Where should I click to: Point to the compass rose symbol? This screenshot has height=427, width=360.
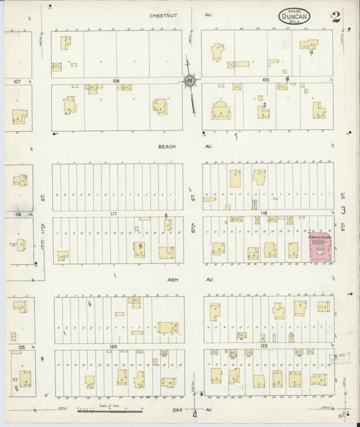click(190, 82)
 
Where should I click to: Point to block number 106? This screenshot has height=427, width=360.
click(116, 80)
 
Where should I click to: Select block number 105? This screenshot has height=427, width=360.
click(265, 80)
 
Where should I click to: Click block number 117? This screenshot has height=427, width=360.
click(114, 214)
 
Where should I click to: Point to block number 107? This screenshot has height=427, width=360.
click(18, 82)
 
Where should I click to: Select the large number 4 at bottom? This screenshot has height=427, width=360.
click(195, 413)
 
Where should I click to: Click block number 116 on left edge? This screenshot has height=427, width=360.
click(18, 214)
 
